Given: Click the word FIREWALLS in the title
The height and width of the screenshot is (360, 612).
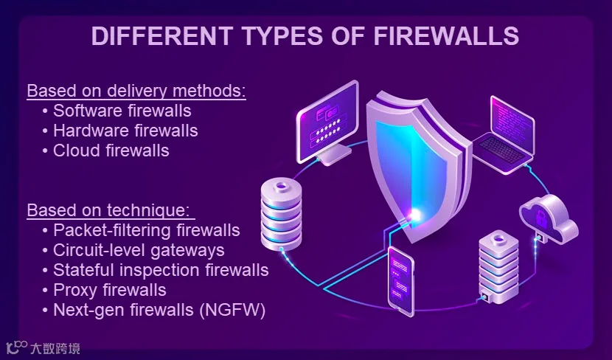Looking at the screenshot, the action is pyautogui.click(x=446, y=35).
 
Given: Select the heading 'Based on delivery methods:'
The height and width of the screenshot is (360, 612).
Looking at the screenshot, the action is pyautogui.click(x=136, y=91).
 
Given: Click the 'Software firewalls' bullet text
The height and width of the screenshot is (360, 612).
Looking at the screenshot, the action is pyautogui.click(x=122, y=111).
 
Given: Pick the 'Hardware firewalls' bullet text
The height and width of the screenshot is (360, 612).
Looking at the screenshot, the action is pyautogui.click(x=125, y=131).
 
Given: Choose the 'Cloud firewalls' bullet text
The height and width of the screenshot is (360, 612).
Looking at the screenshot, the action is pyautogui.click(x=111, y=150).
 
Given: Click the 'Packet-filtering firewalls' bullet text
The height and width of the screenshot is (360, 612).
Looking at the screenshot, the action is pyautogui.click(x=147, y=230).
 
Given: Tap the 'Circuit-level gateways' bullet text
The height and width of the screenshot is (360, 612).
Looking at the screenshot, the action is pyautogui.click(x=139, y=250).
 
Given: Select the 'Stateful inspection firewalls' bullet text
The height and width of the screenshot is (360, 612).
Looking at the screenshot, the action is pyautogui.click(x=161, y=270).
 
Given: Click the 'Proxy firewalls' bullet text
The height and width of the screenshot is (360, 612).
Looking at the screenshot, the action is pyautogui.click(x=110, y=290).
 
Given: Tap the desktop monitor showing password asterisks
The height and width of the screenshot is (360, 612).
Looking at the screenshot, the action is pyautogui.click(x=328, y=121).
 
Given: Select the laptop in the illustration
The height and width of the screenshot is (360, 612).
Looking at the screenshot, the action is pyautogui.click(x=504, y=135).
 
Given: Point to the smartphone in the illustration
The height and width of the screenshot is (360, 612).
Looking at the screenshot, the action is pyautogui.click(x=401, y=280).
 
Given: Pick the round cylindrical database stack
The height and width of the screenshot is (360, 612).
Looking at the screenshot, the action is pyautogui.click(x=282, y=214).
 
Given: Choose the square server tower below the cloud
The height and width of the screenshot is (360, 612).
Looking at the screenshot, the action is pyautogui.click(x=498, y=268).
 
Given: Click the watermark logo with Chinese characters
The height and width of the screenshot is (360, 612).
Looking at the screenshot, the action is pyautogui.click(x=43, y=347).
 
